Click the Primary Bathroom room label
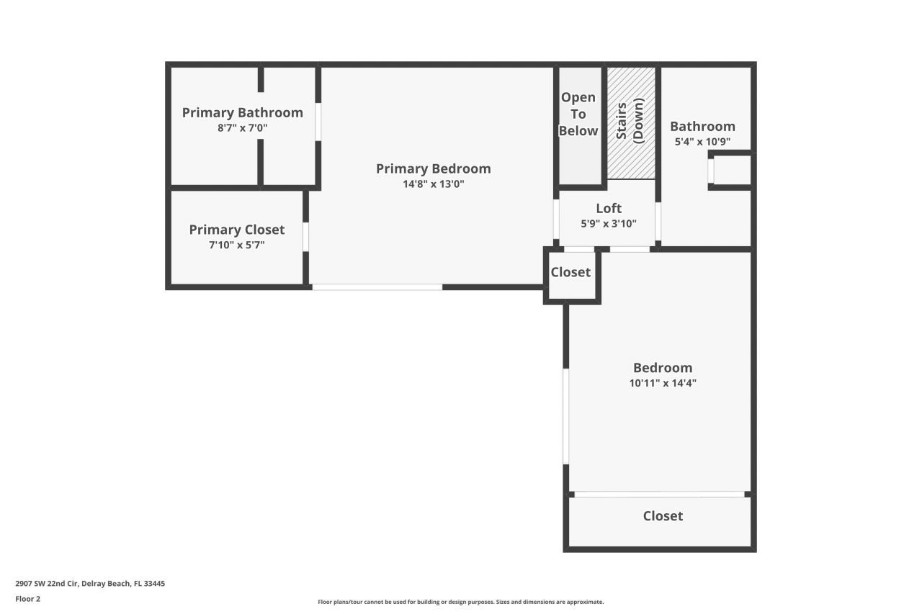(x=242, y=112)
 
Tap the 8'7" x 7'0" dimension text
(x=242, y=128)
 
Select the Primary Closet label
(x=236, y=230)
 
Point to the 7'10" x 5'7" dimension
(x=236, y=245)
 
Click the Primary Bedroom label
(x=433, y=168)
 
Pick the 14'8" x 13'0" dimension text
(x=433, y=184)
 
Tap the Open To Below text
(x=579, y=114)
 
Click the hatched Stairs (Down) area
(x=631, y=122)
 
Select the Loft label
(x=608, y=209)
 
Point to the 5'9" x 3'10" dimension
(x=608, y=223)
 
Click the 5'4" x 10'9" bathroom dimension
(x=702, y=142)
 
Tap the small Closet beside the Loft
(x=570, y=272)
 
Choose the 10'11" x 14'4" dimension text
(x=662, y=383)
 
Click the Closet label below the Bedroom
(x=663, y=516)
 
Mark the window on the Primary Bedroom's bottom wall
(x=377, y=287)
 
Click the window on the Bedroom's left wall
(x=566, y=416)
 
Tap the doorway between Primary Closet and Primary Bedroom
(x=306, y=237)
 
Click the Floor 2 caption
(x=28, y=599)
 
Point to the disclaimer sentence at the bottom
(x=460, y=602)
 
